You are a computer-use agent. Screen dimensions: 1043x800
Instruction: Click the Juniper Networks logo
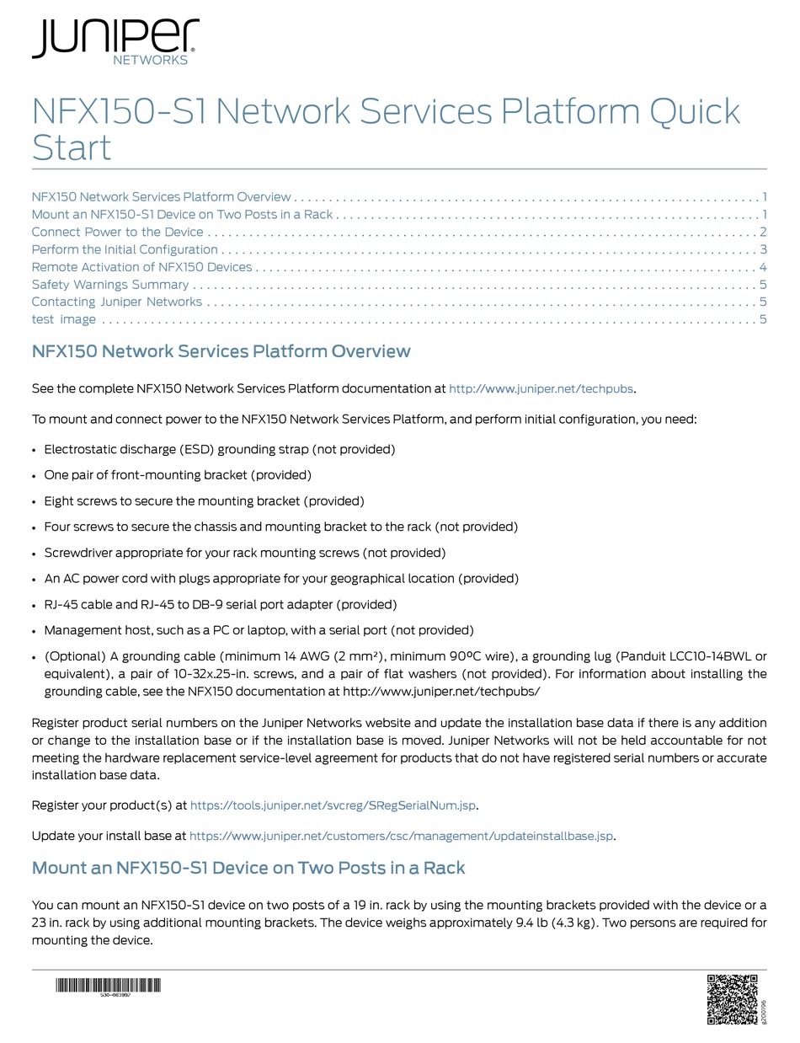115,41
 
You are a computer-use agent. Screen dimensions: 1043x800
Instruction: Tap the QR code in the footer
732,999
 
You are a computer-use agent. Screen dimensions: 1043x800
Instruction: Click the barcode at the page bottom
109,986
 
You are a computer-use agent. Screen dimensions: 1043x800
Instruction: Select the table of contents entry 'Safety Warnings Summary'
110,285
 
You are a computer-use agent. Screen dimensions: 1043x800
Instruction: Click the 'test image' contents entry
64,319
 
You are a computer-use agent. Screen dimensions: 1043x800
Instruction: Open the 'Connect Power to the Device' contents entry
117,232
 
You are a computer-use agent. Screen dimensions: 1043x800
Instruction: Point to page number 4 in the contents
762,267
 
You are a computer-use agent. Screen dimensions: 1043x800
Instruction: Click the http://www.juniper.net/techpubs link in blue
541,389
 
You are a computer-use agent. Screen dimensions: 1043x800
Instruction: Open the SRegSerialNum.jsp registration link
333,805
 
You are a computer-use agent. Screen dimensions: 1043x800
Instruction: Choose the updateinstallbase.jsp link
401,837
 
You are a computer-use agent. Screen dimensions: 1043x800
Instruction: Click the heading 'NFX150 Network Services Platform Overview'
221,351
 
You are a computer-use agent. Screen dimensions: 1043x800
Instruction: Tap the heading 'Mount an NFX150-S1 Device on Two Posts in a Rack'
248,868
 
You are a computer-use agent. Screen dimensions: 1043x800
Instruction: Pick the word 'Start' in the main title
72,148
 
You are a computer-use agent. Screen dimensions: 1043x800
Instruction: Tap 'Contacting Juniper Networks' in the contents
116,302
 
